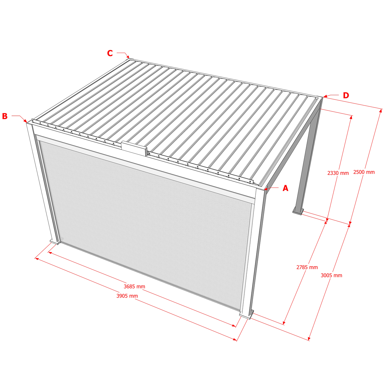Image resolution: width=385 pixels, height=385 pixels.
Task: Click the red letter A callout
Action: pyautogui.click(x=285, y=188)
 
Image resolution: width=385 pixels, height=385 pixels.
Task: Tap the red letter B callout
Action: pyautogui.click(x=5, y=116)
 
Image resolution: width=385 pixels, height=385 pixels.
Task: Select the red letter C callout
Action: pyautogui.click(x=110, y=53)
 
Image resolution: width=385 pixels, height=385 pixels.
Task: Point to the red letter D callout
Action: pyautogui.click(x=346, y=95)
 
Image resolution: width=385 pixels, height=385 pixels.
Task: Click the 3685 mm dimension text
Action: pyautogui.click(x=134, y=286)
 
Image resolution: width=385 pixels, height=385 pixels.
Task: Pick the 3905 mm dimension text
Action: pyautogui.click(x=127, y=296)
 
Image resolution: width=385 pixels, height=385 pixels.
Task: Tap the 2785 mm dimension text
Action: pyautogui.click(x=307, y=267)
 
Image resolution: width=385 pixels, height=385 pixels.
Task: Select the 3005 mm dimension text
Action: pyautogui.click(x=331, y=276)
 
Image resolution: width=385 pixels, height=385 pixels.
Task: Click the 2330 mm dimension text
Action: pyautogui.click(x=338, y=173)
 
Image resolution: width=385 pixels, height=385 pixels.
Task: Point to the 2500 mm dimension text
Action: pyautogui.click(x=364, y=172)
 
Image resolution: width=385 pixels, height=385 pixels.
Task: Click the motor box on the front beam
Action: pyautogui.click(x=134, y=148)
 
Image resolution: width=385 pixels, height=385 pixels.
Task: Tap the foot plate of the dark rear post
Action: pyautogui.click(x=298, y=212)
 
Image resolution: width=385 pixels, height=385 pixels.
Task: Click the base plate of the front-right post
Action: pyautogui.click(x=246, y=314)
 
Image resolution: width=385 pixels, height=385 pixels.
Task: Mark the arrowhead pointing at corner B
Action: pyautogui.click(x=25, y=121)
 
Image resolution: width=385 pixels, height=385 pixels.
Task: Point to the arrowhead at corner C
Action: pyautogui.click(x=128, y=57)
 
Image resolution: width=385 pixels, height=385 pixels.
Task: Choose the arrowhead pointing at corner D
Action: pyautogui.click(x=325, y=96)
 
